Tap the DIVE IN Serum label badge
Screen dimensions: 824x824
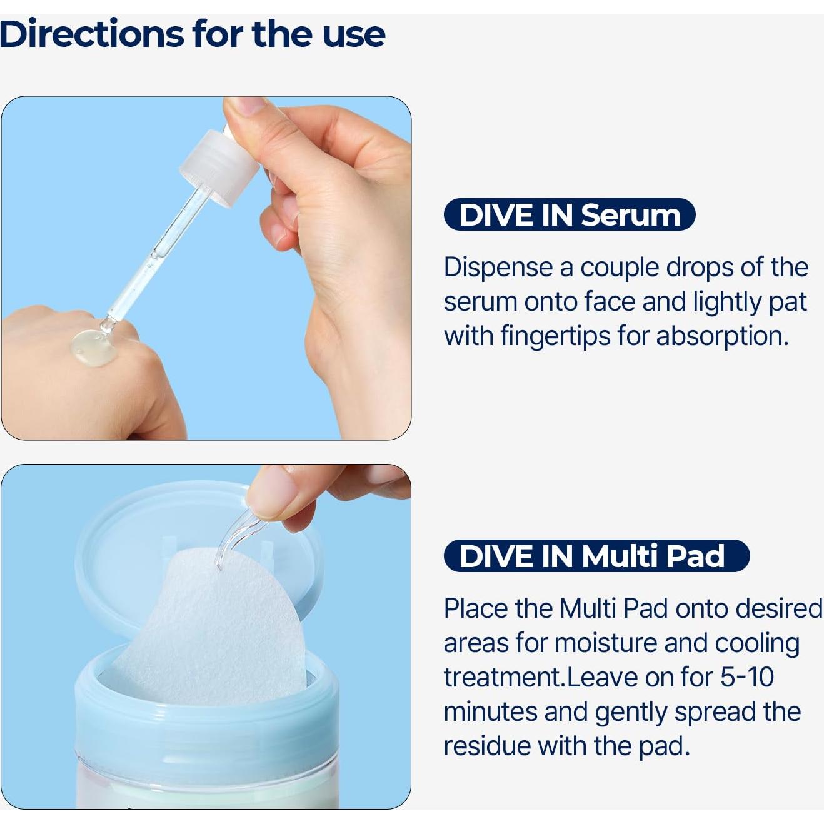click(x=569, y=215)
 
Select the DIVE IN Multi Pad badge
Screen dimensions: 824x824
click(x=596, y=556)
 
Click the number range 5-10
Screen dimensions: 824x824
click(x=747, y=677)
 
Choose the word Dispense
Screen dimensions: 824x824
click(x=498, y=267)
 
